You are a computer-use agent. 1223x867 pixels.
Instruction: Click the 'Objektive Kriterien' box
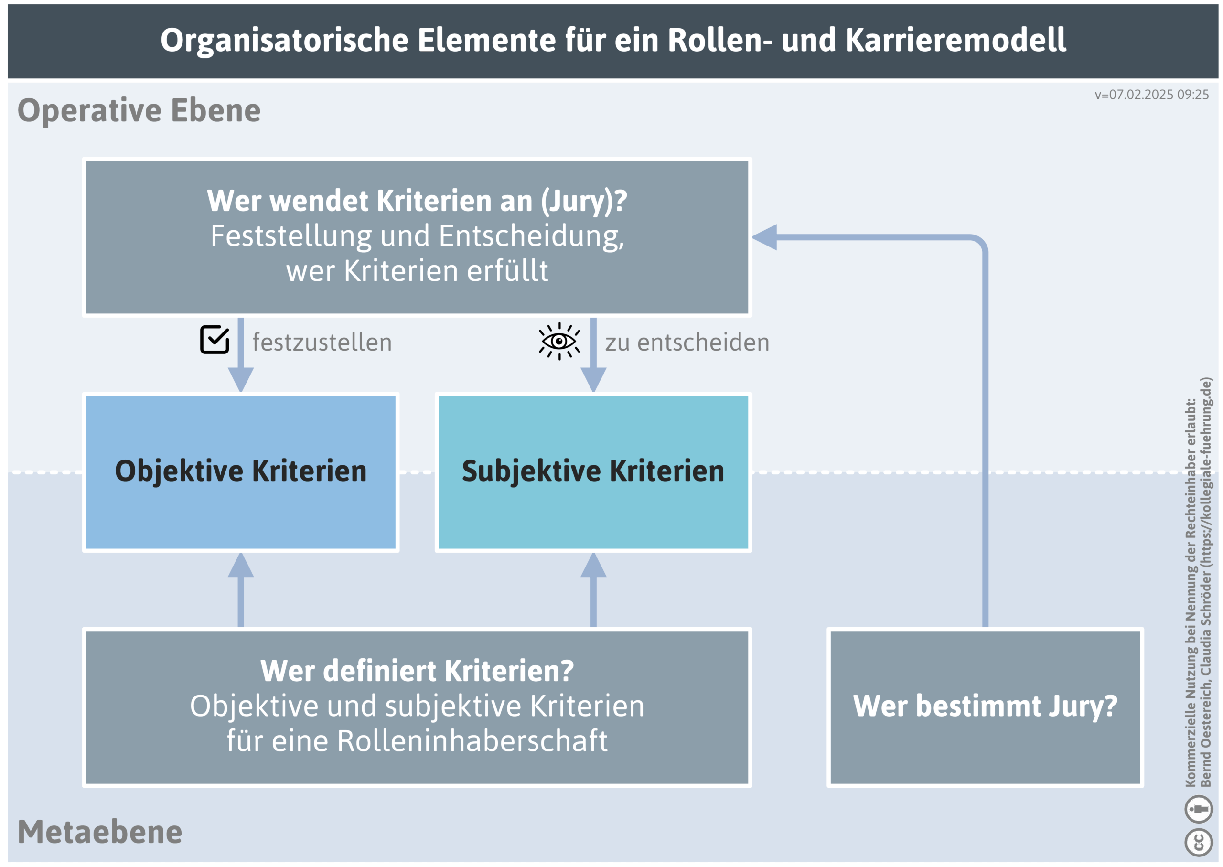(x=240, y=472)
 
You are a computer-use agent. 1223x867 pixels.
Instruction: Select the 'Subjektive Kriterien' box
(x=592, y=472)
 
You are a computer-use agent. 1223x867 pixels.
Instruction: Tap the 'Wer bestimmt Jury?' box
(x=985, y=706)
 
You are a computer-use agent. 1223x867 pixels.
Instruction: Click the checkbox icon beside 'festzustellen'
(x=215, y=340)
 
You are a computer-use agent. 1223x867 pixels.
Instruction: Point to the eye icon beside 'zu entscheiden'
(x=559, y=341)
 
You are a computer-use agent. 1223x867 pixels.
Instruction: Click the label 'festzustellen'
(x=322, y=343)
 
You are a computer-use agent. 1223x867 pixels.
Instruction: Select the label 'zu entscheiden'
(x=687, y=343)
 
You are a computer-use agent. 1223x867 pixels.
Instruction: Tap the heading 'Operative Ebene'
(x=139, y=110)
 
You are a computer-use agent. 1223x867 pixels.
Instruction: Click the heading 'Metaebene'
(x=100, y=832)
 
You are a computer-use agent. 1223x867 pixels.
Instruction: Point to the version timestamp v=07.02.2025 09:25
(x=1151, y=95)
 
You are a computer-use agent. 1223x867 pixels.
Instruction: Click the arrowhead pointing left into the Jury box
(x=764, y=237)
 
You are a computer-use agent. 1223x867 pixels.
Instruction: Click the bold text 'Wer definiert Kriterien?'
(x=417, y=671)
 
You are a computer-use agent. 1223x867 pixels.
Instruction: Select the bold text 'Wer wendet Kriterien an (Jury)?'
(x=417, y=201)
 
